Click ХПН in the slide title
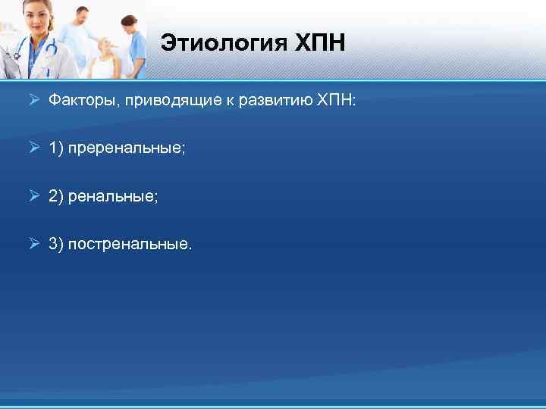coord(320,43)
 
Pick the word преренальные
coord(127,148)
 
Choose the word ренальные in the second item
coord(113,196)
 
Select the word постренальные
coord(130,245)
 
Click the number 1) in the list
coord(56,148)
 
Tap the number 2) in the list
coord(56,196)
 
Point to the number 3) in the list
coord(56,245)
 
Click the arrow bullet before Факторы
coord(33,99)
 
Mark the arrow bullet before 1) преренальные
coord(33,148)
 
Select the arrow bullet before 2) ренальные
coord(33,196)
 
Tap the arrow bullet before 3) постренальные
coord(33,245)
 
